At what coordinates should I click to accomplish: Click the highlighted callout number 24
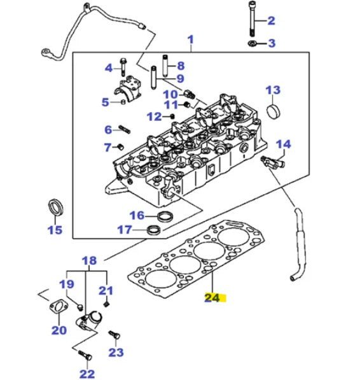214,297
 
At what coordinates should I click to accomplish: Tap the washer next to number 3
251,43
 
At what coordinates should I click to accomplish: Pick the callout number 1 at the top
190,42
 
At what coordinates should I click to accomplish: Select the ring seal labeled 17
154,229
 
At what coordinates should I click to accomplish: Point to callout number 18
89,260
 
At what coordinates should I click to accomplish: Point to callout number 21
105,291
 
